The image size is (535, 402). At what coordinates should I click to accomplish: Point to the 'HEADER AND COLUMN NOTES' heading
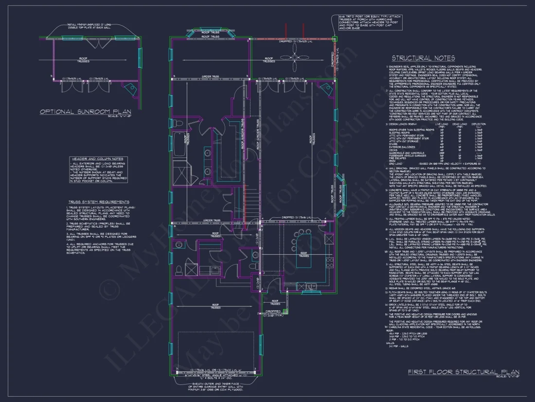[98, 159]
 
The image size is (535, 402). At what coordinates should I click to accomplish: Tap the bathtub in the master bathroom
[178, 144]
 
